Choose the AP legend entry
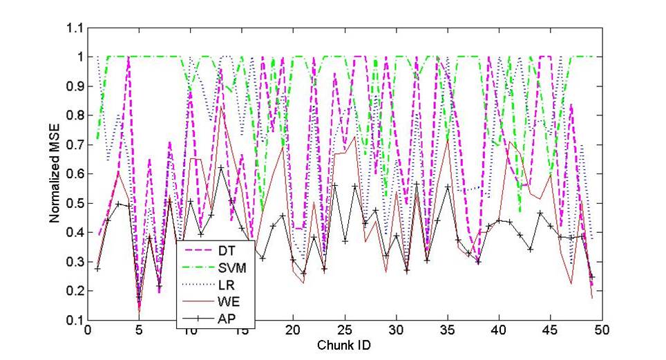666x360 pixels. point(224,319)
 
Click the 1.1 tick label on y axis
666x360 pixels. point(73,28)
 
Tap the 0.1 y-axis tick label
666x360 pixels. point(73,321)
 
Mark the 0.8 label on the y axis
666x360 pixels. point(73,115)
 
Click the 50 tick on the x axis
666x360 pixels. point(602,331)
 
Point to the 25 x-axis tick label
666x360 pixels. point(344,331)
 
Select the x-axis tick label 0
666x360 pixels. point(88,331)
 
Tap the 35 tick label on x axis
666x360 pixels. point(447,331)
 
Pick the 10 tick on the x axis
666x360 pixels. point(190,331)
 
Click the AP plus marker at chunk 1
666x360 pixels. point(97,268)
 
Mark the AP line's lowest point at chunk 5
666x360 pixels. point(139,299)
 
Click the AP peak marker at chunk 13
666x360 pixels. point(221,167)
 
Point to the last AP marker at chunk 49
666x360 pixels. point(591,276)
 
